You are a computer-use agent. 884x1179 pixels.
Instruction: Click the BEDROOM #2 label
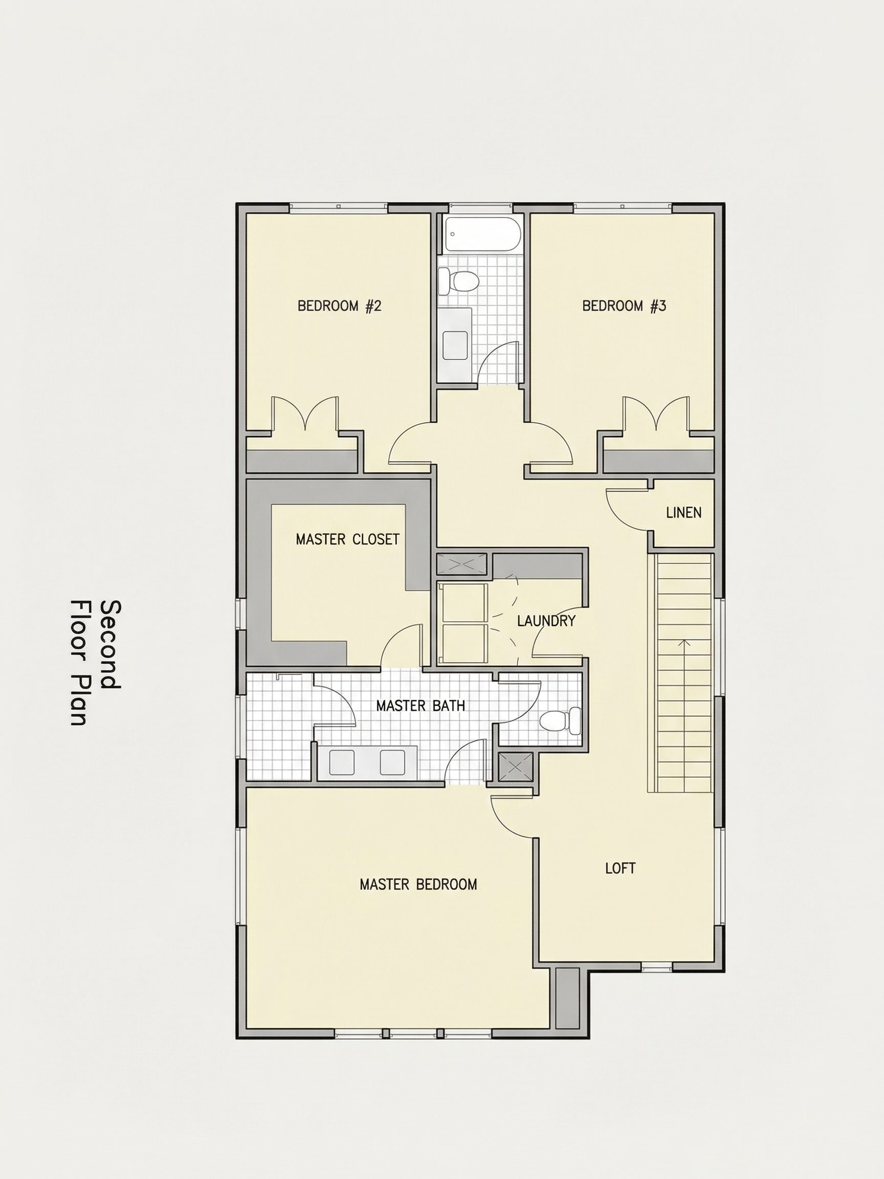pos(339,306)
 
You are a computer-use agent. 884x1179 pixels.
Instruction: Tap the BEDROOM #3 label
pos(624,306)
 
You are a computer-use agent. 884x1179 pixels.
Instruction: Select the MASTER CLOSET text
pos(347,539)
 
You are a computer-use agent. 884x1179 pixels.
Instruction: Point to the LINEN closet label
pos(683,513)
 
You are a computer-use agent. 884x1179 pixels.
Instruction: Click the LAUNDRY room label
pos(546,620)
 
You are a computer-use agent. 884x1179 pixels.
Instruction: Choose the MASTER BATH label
pos(421,706)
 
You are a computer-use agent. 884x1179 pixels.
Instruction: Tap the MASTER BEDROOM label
pos(418,884)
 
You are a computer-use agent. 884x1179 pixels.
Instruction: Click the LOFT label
pos(620,868)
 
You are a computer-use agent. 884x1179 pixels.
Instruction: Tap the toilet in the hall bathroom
pos(457,281)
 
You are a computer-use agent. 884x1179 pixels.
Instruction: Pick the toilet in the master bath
pos(561,721)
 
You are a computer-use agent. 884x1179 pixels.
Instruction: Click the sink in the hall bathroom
pos(455,345)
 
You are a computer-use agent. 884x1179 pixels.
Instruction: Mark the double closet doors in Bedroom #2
pos(305,414)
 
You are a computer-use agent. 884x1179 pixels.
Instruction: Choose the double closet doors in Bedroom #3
pos(656,413)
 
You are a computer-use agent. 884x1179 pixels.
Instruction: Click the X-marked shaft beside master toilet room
pos(516,768)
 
